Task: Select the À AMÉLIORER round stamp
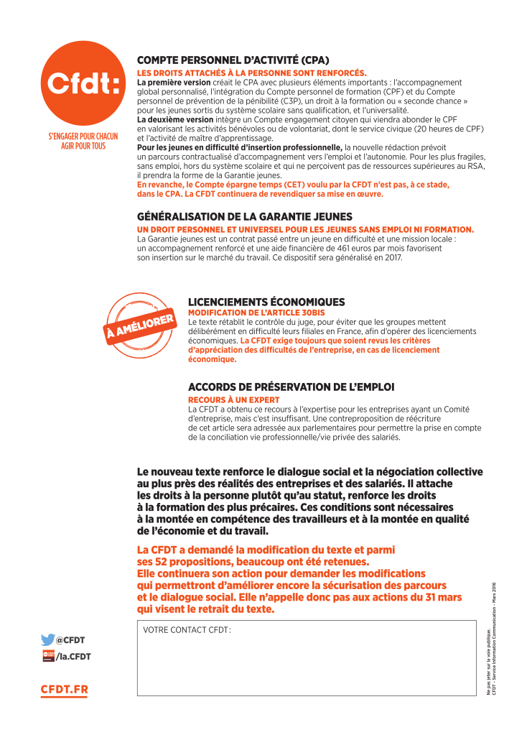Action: [141, 324]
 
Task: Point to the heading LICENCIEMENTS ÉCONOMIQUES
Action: [266, 302]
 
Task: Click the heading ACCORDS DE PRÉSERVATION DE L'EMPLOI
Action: [291, 387]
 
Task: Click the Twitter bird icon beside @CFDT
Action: [48, 639]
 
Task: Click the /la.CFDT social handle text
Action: [73, 656]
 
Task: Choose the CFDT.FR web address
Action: [65, 690]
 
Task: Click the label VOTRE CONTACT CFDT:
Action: [187, 630]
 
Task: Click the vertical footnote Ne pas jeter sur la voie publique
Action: [488, 661]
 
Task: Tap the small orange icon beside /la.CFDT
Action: [48, 656]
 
